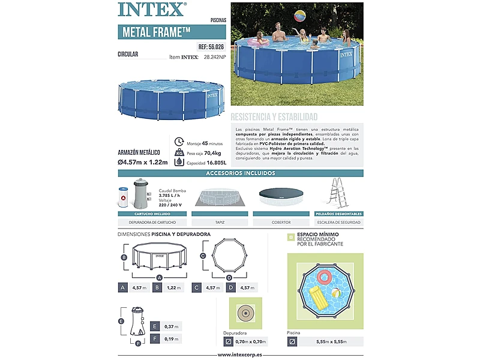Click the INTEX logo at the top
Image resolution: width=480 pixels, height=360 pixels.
[151, 10]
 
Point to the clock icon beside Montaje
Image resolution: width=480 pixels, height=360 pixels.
[179, 142]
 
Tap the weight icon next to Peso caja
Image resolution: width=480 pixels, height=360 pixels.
[179, 152]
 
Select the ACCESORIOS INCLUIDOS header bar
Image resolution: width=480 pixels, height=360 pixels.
[240, 173]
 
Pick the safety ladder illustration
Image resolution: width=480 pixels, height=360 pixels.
[338, 194]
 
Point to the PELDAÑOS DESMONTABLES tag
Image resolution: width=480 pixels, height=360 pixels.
[338, 214]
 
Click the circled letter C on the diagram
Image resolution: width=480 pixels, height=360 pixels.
[203, 256]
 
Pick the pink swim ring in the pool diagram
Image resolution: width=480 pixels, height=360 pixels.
[324, 277]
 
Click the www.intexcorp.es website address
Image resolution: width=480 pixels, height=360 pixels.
[240, 355]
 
